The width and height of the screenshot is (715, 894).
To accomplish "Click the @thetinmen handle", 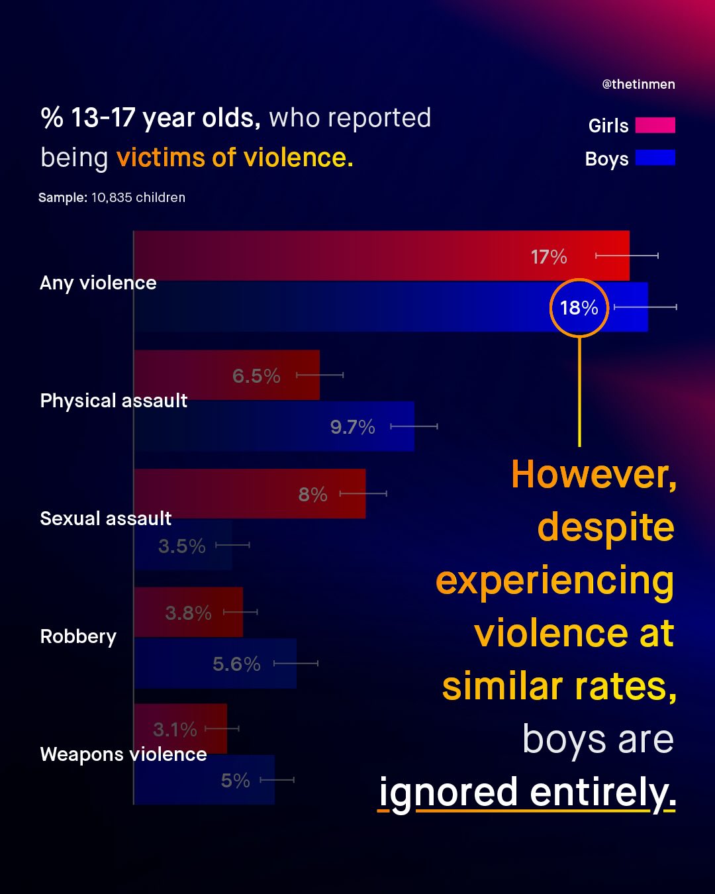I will [x=638, y=84].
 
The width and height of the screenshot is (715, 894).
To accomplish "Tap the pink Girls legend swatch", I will [x=655, y=125].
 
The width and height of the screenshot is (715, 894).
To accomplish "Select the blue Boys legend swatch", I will [x=655, y=158].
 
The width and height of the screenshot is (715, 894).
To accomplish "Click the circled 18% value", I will [x=579, y=308].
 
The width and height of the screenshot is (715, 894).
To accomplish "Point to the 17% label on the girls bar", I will [x=549, y=257].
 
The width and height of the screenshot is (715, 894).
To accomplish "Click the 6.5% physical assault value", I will [x=256, y=376].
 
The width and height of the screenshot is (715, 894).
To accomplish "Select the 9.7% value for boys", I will [x=352, y=427].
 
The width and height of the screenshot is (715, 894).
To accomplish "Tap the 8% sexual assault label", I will [x=312, y=495].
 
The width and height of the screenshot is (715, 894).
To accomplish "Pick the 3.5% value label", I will [x=181, y=546].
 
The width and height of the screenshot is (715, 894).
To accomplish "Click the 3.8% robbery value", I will [x=188, y=613].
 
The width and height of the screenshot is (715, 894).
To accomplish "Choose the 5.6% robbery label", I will [x=236, y=664].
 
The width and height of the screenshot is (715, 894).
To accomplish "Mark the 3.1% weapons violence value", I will [x=175, y=730].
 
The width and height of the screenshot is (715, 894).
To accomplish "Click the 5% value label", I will [x=235, y=781].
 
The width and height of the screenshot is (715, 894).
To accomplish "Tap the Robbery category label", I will [x=78, y=636].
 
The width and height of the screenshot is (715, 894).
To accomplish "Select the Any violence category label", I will [x=98, y=283].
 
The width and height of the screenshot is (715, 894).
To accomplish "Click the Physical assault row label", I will [x=113, y=401].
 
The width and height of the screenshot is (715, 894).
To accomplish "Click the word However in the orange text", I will [x=593, y=475].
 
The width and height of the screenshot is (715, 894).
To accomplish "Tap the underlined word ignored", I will [x=448, y=792].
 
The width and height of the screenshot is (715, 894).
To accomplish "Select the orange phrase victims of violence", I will [x=234, y=158].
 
